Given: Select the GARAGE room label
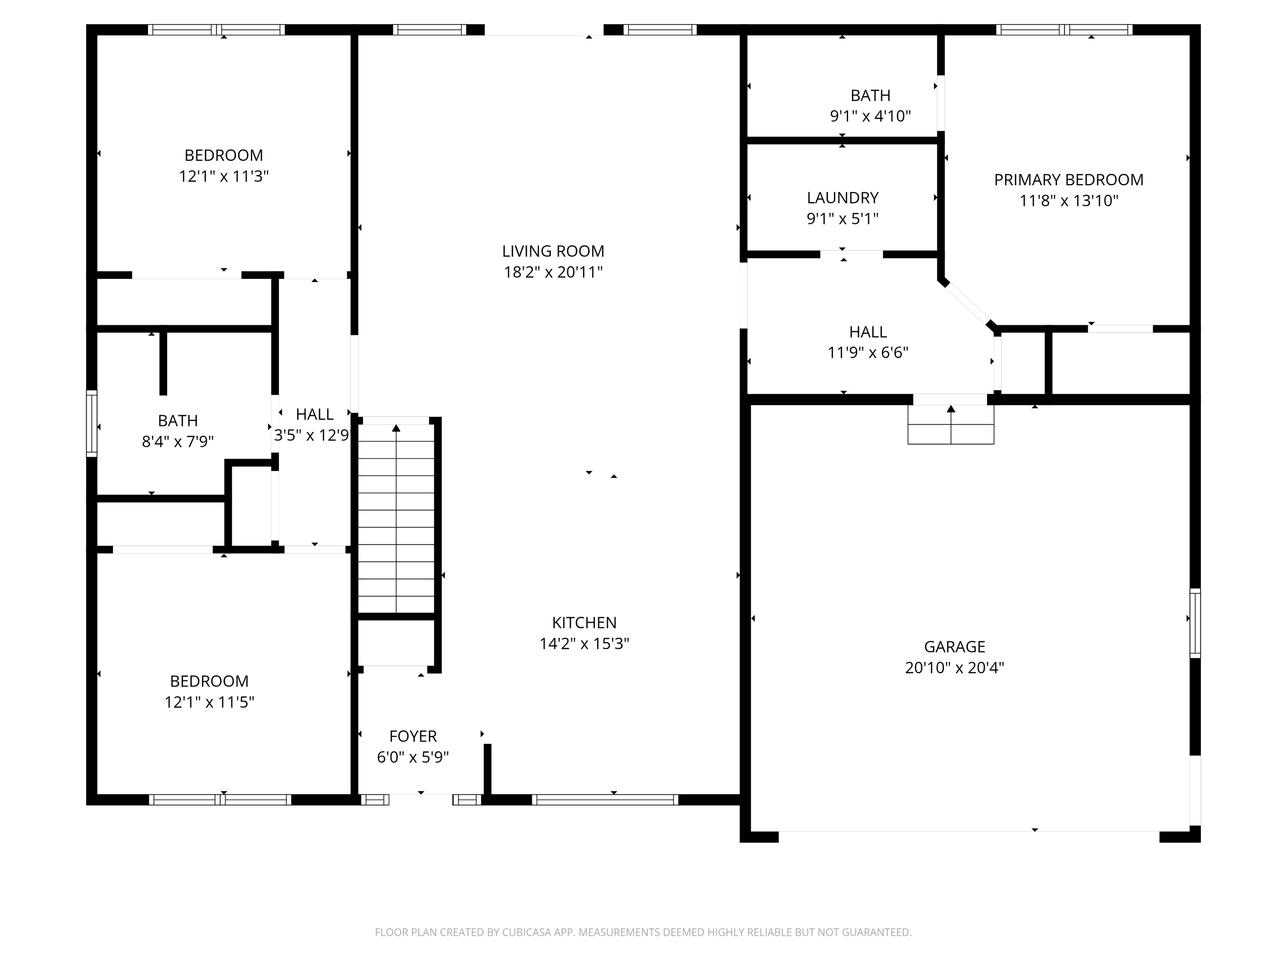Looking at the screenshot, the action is [954, 647].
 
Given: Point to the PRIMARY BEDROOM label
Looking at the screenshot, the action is [1068, 180].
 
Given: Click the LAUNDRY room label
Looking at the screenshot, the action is [843, 198].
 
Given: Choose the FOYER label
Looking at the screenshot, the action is [413, 736].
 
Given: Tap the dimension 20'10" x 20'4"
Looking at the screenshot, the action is [954, 668].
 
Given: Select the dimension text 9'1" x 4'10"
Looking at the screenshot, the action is [870, 116].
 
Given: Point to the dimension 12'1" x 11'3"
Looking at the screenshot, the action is [224, 176].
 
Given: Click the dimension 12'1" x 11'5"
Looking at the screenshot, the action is [209, 702].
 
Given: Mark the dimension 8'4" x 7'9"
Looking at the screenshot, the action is [178, 441].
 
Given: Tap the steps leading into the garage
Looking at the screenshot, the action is [951, 425].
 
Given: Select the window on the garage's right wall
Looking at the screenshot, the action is [1195, 623].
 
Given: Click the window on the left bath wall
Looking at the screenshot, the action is [91, 423].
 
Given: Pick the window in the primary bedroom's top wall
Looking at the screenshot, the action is [1064, 30].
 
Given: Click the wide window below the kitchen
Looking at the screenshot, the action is [605, 800].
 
